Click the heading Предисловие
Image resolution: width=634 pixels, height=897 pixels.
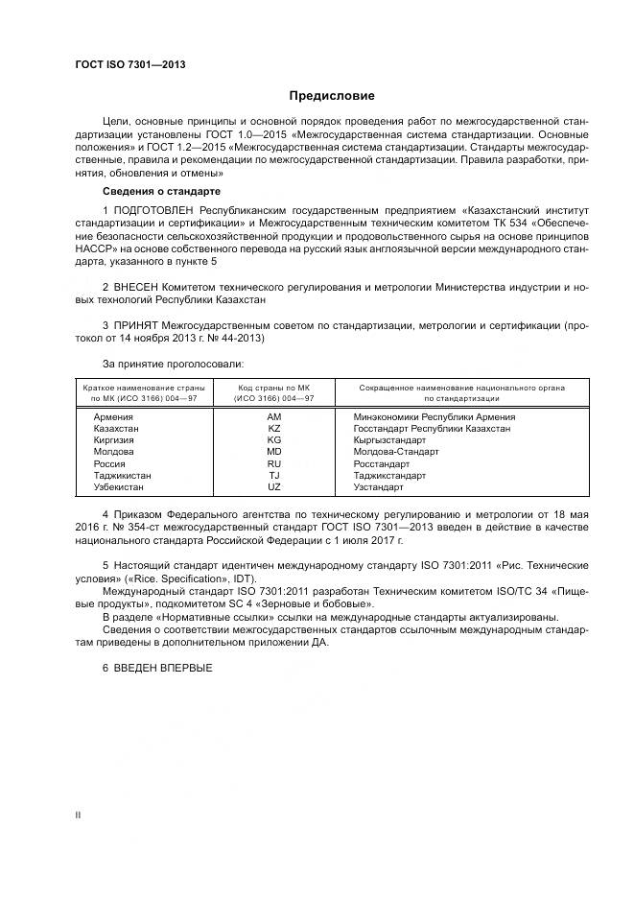coord(333,95)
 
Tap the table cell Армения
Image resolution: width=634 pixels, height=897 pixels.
coord(113,417)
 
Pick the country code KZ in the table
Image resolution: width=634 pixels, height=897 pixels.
coord(273,429)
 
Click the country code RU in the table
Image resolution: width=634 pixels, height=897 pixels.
coord(273,463)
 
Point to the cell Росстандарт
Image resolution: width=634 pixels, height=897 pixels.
coord(382,463)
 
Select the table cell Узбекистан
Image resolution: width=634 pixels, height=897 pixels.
coord(119,486)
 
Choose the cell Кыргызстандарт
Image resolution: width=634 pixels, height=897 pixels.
coord(389,440)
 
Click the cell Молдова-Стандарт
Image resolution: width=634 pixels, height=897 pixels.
coord(395,452)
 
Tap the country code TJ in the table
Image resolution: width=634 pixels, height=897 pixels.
coord(273,475)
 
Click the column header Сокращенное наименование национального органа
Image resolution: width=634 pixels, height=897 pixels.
coord(461,391)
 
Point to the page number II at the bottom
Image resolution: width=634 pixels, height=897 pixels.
coord(79,814)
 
